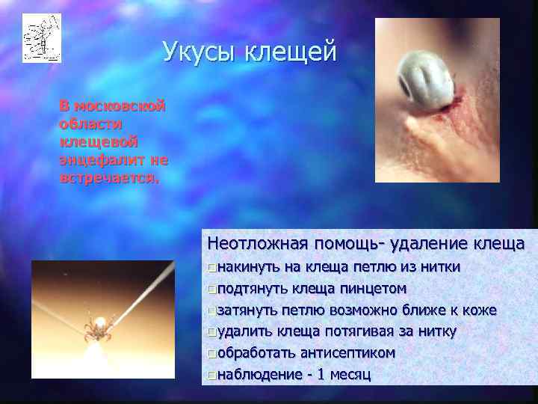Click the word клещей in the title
click(x=295, y=53)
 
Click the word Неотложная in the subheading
click(x=258, y=244)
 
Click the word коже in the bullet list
click(x=480, y=310)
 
